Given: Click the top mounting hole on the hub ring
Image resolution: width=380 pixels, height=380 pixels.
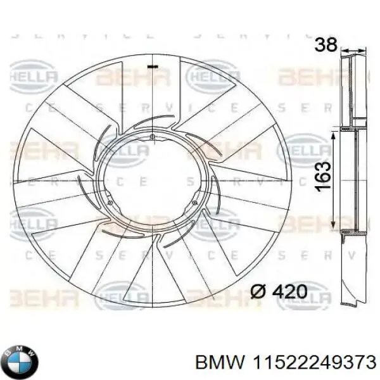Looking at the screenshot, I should (153, 137).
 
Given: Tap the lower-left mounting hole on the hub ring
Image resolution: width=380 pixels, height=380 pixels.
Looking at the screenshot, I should (110, 203).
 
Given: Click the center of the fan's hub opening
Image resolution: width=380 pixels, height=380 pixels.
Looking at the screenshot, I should (153, 184).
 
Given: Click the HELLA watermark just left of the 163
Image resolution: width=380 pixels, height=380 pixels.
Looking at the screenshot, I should (303, 151).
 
